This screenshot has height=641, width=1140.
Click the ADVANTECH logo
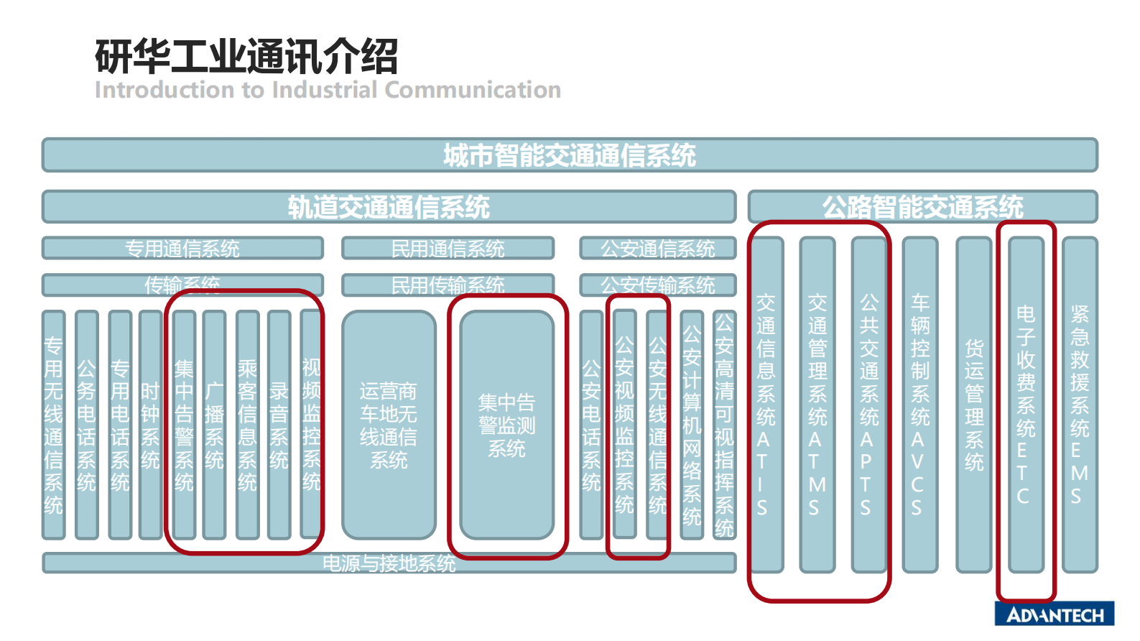pos(1054,614)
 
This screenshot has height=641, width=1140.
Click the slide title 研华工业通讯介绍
pos(246,57)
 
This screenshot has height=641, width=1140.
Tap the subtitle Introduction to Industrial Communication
pos(328,90)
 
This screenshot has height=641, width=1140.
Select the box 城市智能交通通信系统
pos(570,155)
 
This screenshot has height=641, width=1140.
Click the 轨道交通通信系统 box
pos(389,207)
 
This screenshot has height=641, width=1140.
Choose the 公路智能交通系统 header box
pos(922,207)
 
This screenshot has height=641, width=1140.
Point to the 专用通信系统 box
pos(182,249)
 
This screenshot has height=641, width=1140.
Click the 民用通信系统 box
pos(448,249)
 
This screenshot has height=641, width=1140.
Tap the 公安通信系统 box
pos(657,249)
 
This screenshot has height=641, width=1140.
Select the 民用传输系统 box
pos(448,285)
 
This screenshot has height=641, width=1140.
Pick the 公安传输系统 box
pos(657,285)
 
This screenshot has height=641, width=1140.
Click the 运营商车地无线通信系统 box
pos(389,425)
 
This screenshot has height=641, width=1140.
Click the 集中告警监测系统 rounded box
pos(506,425)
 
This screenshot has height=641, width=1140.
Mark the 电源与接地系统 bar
pos(389,563)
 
